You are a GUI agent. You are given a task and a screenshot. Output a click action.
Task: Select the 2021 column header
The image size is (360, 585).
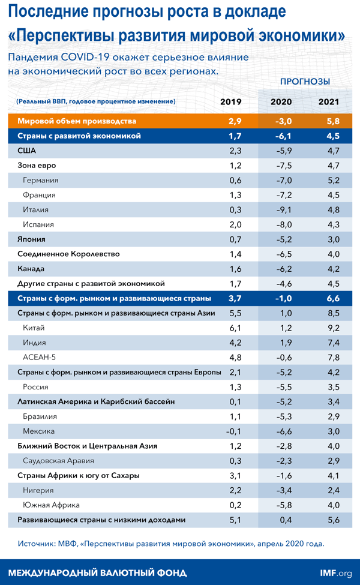point(329,101)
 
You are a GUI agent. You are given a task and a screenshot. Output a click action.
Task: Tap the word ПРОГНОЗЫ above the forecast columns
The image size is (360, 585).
point(305,82)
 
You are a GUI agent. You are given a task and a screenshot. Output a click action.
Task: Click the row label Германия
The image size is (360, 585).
point(40,180)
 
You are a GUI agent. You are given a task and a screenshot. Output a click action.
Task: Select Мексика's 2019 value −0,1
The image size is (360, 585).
point(235,431)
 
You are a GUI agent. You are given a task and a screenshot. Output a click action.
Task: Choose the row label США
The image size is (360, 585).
point(27,151)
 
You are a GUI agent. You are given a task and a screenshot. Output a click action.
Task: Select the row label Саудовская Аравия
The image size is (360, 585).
point(58,461)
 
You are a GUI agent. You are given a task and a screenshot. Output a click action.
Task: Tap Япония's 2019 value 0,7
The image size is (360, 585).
point(235,239)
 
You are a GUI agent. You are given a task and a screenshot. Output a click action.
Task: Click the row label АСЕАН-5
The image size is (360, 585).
point(39,357)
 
